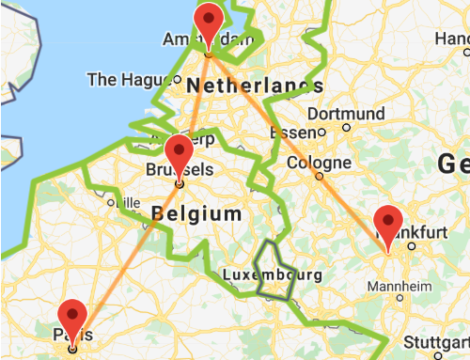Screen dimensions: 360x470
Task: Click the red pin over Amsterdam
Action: click(209, 18)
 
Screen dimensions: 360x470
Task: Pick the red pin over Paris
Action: click(73, 316)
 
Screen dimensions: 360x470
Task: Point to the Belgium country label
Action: click(196, 214)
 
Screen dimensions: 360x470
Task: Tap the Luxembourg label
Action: click(273, 275)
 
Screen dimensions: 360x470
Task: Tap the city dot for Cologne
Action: click(320, 175)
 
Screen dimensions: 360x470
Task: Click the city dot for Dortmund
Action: click(347, 126)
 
